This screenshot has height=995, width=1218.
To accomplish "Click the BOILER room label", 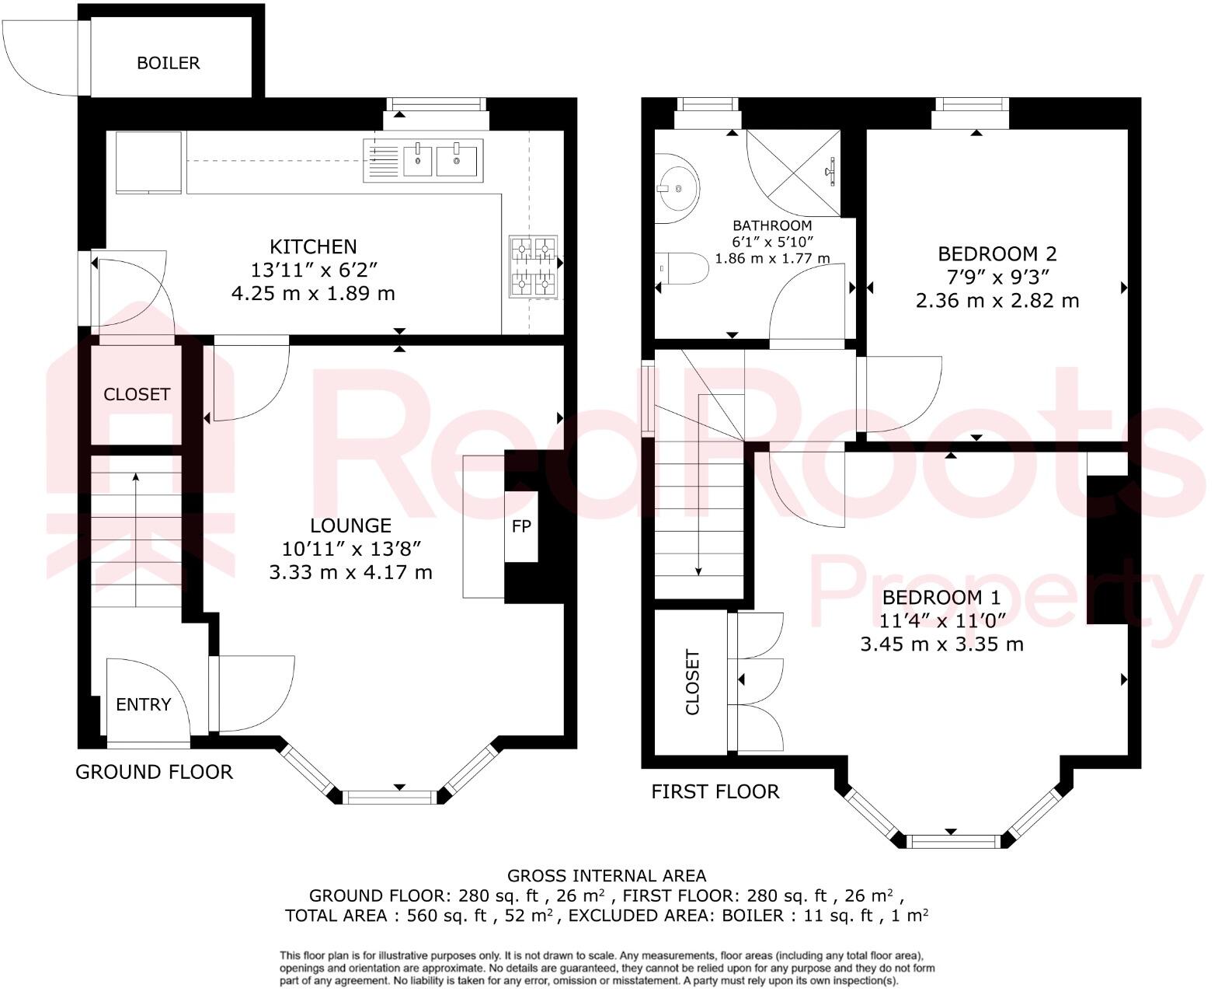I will click(x=169, y=63).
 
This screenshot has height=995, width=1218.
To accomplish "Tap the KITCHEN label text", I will click(x=313, y=246).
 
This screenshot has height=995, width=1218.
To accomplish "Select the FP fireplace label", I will click(x=521, y=526).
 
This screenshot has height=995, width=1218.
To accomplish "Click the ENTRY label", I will click(x=143, y=704).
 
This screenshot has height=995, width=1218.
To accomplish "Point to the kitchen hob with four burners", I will click(x=534, y=267).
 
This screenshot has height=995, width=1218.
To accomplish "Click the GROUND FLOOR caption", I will click(x=154, y=772).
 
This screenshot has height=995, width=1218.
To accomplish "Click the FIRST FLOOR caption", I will click(x=715, y=791).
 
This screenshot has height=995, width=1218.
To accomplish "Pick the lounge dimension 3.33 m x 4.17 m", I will click(x=350, y=573).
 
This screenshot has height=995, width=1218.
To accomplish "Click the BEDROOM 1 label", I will click(x=941, y=597).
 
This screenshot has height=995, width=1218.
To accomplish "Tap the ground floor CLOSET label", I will click(x=137, y=394).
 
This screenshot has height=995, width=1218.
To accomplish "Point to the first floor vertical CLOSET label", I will click(x=692, y=683).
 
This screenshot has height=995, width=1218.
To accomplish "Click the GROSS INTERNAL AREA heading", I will click(x=607, y=876).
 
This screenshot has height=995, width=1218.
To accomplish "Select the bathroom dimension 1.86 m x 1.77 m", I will click(x=772, y=258).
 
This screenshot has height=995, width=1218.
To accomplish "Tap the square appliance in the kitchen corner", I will click(x=148, y=162).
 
